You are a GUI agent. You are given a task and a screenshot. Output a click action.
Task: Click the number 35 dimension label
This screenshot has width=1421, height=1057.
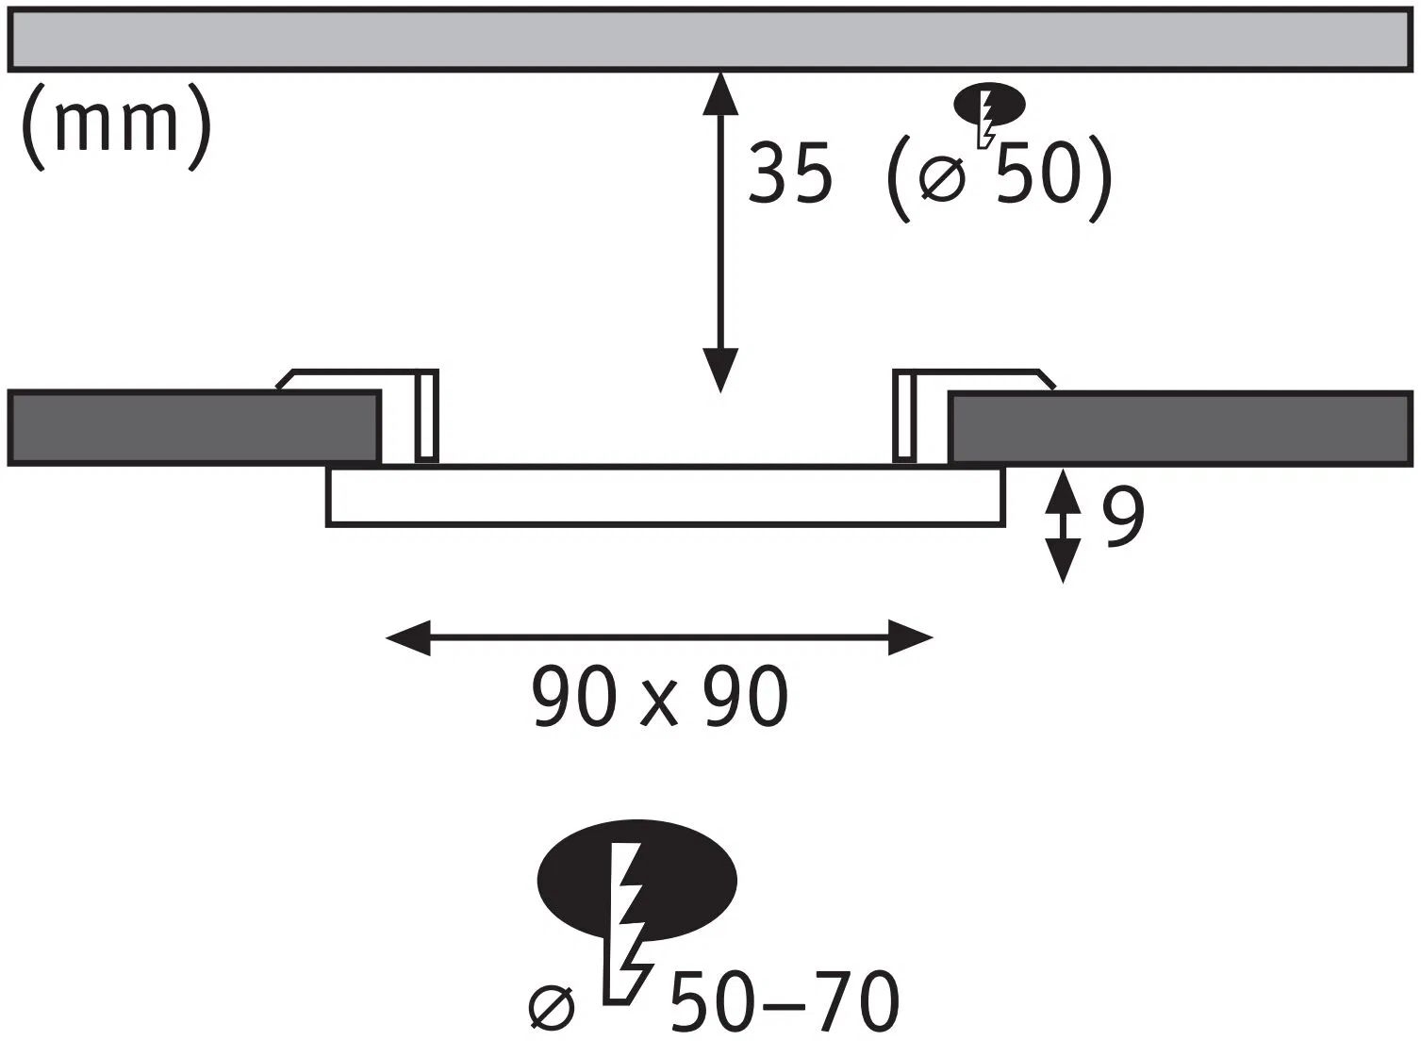pyautogui.click(x=790, y=174)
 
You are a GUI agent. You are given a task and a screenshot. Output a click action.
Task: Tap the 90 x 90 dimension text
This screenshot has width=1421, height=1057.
pyautogui.click(x=659, y=697)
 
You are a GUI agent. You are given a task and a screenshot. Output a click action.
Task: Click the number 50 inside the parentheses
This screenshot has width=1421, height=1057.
pyautogui.click(x=1035, y=174)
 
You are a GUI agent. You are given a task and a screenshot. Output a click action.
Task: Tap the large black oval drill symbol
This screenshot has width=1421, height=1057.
pyautogui.click(x=636, y=880)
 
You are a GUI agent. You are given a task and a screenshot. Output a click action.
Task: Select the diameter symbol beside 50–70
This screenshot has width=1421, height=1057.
pyautogui.click(x=552, y=1008)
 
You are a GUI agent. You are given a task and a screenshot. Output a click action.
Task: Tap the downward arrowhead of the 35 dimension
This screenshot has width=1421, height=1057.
pyautogui.click(x=720, y=371)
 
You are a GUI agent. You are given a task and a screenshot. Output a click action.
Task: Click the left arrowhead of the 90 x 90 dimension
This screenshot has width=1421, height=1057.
pyautogui.click(x=408, y=638)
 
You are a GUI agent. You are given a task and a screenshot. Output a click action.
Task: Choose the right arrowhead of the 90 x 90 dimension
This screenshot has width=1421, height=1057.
pyautogui.click(x=910, y=638)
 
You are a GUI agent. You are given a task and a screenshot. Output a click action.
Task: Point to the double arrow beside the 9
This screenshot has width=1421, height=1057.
pyautogui.click(x=1064, y=526)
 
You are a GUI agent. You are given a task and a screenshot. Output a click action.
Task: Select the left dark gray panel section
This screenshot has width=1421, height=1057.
pyautogui.click(x=193, y=427)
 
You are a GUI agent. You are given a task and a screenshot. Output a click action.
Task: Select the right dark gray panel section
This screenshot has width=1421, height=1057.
pyautogui.click(x=1181, y=429)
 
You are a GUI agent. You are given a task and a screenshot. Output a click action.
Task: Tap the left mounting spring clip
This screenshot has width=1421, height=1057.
pyautogui.click(x=426, y=415)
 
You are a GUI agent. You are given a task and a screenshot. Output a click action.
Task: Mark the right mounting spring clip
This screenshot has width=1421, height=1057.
pyautogui.click(x=905, y=415)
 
